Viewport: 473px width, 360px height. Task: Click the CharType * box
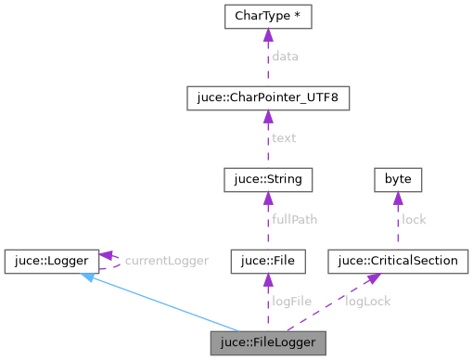(267, 17)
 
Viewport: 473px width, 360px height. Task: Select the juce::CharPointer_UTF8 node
(267, 97)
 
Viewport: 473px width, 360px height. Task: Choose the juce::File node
(267, 261)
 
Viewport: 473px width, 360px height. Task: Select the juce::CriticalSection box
(397, 261)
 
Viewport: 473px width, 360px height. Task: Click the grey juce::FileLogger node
(268, 342)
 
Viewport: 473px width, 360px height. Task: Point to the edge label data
(286, 58)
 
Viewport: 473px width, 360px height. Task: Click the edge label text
(284, 138)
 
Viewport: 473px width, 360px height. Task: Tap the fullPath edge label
(294, 220)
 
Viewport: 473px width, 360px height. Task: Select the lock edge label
(413, 220)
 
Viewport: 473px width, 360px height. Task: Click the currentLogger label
(166, 261)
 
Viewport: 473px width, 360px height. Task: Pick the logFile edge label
(291, 302)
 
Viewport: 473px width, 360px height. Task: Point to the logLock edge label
(368, 302)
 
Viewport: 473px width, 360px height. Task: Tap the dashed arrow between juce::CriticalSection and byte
(397, 220)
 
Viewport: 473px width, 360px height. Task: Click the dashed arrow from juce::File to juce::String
(267, 220)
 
